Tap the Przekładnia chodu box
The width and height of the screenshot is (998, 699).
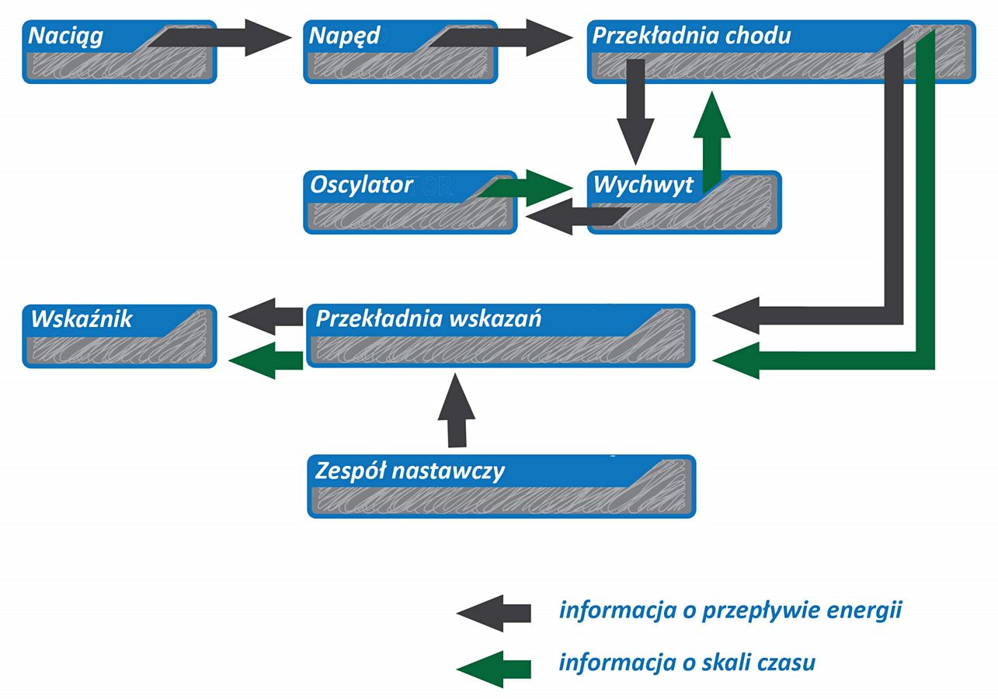tap(738, 62)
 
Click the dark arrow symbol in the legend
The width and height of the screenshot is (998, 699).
tap(494, 613)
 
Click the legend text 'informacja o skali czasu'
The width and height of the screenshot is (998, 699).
tap(687, 663)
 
